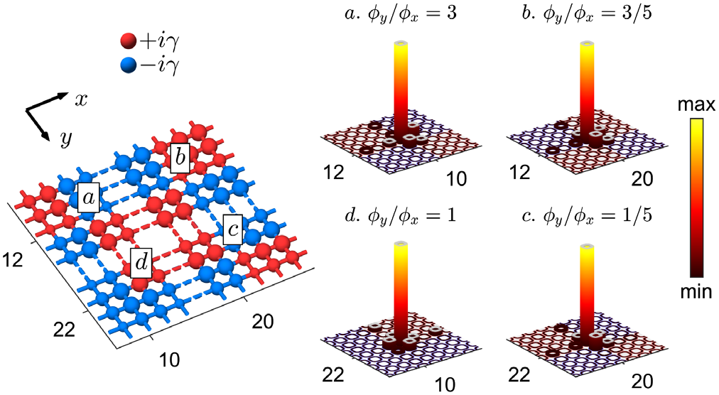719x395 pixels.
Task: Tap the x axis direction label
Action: (x=82, y=99)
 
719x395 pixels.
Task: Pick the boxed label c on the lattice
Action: (x=234, y=229)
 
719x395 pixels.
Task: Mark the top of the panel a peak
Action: (x=402, y=45)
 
